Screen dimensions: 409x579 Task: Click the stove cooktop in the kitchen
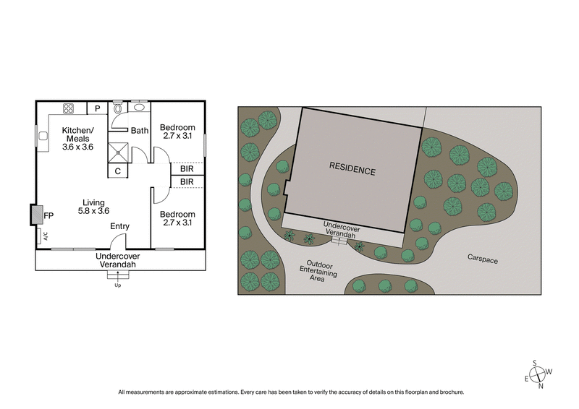click(x=69, y=108)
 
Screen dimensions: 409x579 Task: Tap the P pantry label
click(x=96, y=108)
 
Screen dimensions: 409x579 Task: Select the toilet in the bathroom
click(x=118, y=110)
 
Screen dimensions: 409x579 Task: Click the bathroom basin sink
click(x=140, y=107)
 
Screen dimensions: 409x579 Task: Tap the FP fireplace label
click(x=48, y=215)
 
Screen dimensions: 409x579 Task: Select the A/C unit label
click(x=45, y=236)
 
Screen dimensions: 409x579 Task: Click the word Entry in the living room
click(x=119, y=226)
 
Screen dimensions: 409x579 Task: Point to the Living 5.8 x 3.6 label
click(x=93, y=207)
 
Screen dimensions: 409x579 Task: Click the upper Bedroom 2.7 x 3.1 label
click(x=177, y=130)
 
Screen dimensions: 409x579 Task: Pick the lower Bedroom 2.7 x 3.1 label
click(x=177, y=219)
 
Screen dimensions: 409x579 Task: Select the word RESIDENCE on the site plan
click(x=352, y=171)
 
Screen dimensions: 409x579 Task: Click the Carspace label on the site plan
click(x=482, y=257)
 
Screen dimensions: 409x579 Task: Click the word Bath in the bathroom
click(x=140, y=131)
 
